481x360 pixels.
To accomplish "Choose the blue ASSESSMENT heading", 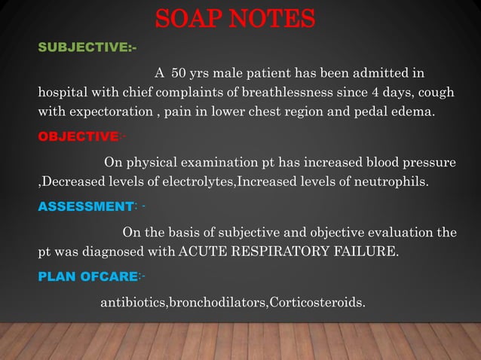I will tap(84, 205).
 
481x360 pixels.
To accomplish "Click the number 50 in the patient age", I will tap(181, 74).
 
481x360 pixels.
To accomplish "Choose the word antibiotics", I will tap(133, 304).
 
